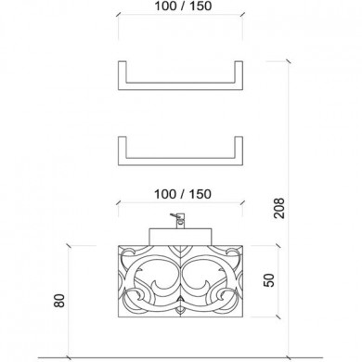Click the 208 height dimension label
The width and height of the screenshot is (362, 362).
(279, 208)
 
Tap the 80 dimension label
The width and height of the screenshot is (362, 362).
(59, 301)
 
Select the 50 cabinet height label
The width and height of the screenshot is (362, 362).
(269, 280)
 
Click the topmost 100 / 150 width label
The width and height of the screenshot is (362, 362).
(183, 6)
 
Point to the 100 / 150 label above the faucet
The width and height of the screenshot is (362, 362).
(183, 194)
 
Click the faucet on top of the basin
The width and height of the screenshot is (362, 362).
(178, 220)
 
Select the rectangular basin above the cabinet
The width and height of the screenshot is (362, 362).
(181, 237)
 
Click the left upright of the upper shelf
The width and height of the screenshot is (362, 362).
(123, 75)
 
